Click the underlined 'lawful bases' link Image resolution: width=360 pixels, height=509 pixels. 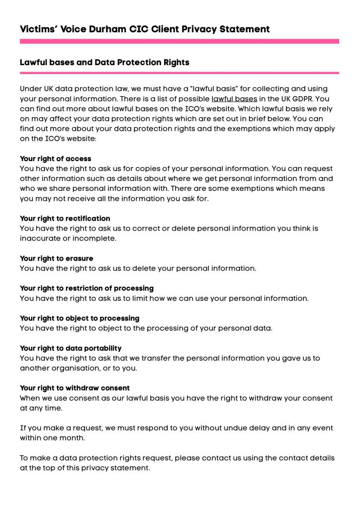[234, 99]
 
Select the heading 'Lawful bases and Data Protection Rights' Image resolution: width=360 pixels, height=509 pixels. [104, 63]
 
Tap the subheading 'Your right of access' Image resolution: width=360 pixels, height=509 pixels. [56, 159]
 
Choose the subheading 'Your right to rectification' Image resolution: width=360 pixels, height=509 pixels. [65, 219]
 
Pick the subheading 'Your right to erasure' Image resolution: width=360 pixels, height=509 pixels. [57, 258]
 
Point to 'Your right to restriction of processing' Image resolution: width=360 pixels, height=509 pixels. [87, 288]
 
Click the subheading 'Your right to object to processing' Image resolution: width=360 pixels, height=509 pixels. [80, 318]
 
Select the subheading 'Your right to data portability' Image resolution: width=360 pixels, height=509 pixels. [71, 348]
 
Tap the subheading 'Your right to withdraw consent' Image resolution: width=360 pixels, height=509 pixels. [75, 388]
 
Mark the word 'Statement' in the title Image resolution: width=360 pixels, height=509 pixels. [242, 29]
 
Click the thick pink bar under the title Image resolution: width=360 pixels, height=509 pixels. [180, 42]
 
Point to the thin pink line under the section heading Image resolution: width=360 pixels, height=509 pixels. [180, 73]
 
